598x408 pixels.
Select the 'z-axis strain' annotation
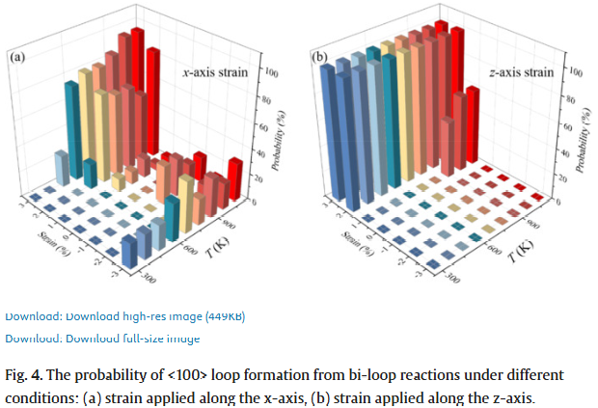[x=520, y=72]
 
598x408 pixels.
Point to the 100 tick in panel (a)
[x=271, y=73]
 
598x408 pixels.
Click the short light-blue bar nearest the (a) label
[x=61, y=167]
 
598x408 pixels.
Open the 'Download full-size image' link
[x=102, y=338]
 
